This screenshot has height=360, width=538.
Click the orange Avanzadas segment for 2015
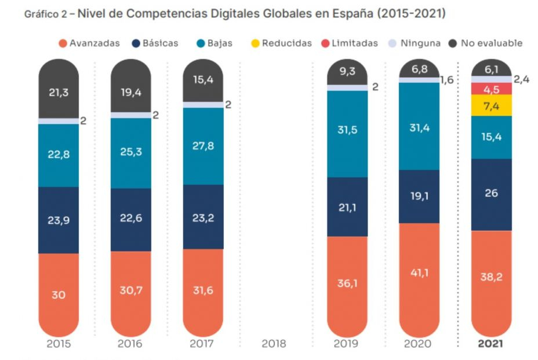click(x=59, y=294)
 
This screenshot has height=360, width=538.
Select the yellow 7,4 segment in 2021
click(x=491, y=106)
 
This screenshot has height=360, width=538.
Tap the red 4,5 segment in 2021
click(x=491, y=89)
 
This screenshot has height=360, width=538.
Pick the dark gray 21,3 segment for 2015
click(x=59, y=92)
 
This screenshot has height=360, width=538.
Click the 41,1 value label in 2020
click(x=419, y=272)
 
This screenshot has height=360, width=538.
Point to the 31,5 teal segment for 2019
click(x=347, y=130)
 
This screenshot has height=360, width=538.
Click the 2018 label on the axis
click(x=274, y=344)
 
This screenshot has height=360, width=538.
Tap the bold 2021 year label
click(x=491, y=344)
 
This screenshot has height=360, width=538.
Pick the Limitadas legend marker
click(x=325, y=43)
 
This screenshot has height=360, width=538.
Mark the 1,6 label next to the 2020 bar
click(x=447, y=79)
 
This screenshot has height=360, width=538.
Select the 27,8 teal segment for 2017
click(x=203, y=146)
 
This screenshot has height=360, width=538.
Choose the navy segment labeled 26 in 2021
click(x=491, y=194)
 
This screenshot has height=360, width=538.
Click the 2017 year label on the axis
click(x=203, y=344)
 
